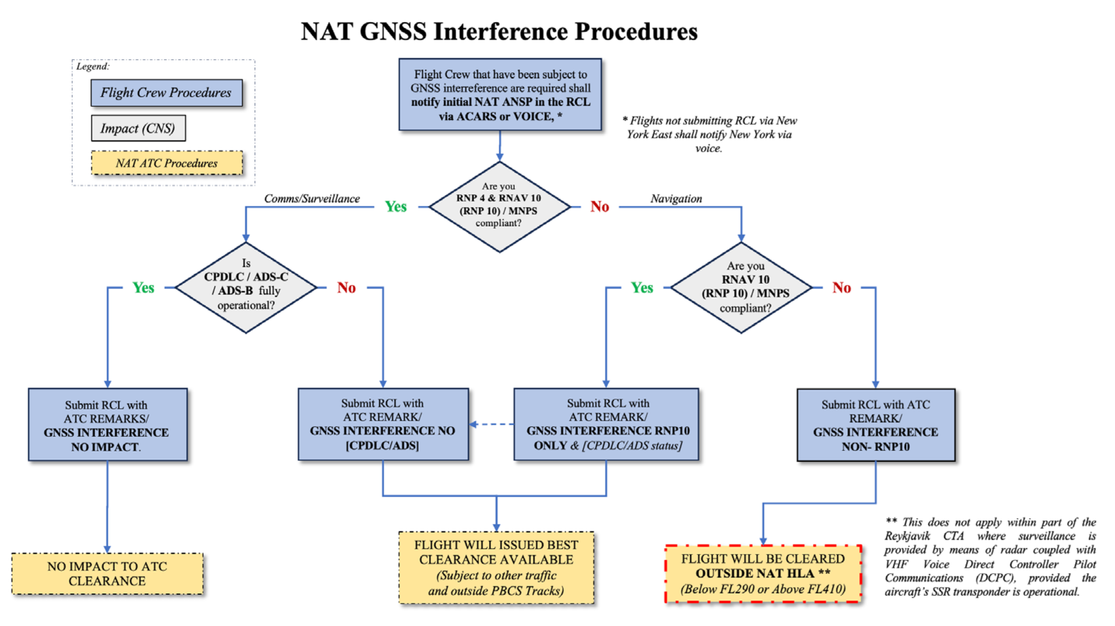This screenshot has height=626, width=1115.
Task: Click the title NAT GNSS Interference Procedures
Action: tap(499, 32)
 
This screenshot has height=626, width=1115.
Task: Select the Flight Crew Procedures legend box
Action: tap(166, 92)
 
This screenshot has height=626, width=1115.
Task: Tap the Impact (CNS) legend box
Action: tap(138, 128)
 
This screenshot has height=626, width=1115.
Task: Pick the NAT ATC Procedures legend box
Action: tap(167, 163)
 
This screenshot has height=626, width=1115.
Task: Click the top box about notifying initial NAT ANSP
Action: tap(500, 95)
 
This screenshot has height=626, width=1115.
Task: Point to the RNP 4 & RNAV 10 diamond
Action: tap(499, 206)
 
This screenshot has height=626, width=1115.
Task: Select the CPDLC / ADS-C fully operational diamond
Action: tap(246, 288)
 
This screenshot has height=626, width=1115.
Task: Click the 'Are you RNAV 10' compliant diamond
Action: tap(741, 288)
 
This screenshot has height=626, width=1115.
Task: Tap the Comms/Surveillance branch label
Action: tap(312, 199)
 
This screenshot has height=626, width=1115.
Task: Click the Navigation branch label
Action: tap(676, 199)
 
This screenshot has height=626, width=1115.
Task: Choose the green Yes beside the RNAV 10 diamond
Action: tap(641, 288)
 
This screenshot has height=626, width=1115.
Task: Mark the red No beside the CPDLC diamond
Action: tap(346, 288)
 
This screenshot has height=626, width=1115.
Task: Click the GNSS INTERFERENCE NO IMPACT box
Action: tap(108, 425)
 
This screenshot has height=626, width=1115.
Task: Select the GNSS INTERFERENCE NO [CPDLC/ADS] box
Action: tap(383, 424)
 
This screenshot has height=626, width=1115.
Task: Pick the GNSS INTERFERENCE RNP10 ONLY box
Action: tap(606, 424)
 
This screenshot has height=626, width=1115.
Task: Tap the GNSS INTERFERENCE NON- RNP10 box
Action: tap(875, 425)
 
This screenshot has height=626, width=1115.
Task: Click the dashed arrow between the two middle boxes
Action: tap(491, 424)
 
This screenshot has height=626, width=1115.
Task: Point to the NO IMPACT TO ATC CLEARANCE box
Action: tap(107, 574)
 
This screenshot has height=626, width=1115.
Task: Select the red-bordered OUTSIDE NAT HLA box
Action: tap(763, 574)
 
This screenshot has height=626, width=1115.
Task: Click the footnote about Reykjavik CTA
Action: tap(989, 557)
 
